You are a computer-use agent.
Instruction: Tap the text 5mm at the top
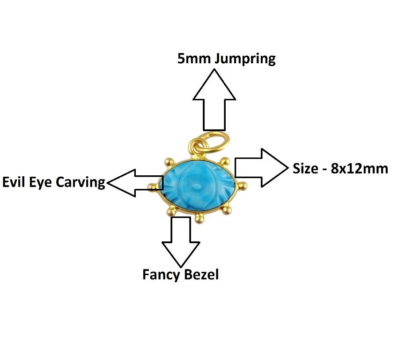pyautogui.click(x=190, y=59)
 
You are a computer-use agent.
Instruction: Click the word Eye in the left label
pyautogui.click(x=42, y=182)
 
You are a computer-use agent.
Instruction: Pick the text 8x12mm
pyautogui.click(x=359, y=168)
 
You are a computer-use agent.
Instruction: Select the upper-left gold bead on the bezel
pyautogui.click(x=167, y=162)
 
